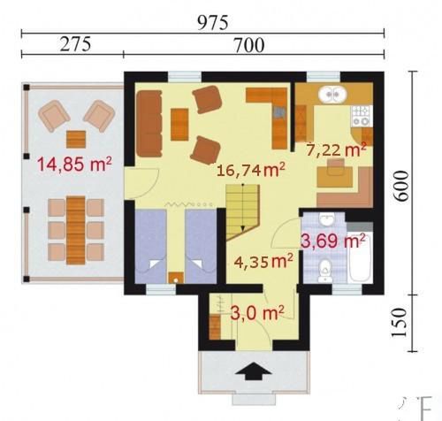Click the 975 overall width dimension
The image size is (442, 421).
[212, 23]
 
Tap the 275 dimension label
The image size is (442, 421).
[75, 45]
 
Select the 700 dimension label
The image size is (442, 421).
[249, 46]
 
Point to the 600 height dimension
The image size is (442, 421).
[402, 186]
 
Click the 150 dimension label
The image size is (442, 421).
[400, 322]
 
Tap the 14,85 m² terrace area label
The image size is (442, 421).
[74, 164]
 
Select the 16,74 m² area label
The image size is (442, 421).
[251, 170]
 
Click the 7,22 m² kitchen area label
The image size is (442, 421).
[336, 150]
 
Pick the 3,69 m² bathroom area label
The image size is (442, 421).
[332, 241]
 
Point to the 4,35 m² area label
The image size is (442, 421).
[263, 261]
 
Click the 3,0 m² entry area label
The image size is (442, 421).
[257, 313]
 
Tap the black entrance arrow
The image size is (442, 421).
[253, 371]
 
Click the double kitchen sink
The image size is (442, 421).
[332, 94]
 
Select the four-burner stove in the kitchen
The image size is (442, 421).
[362, 116]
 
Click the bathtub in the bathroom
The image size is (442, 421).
[361, 257]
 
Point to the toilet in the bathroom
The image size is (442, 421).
[325, 271]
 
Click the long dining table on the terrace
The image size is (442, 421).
[76, 230]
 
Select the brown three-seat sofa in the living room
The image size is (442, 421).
[149, 123]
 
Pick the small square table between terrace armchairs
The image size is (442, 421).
[76, 140]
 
